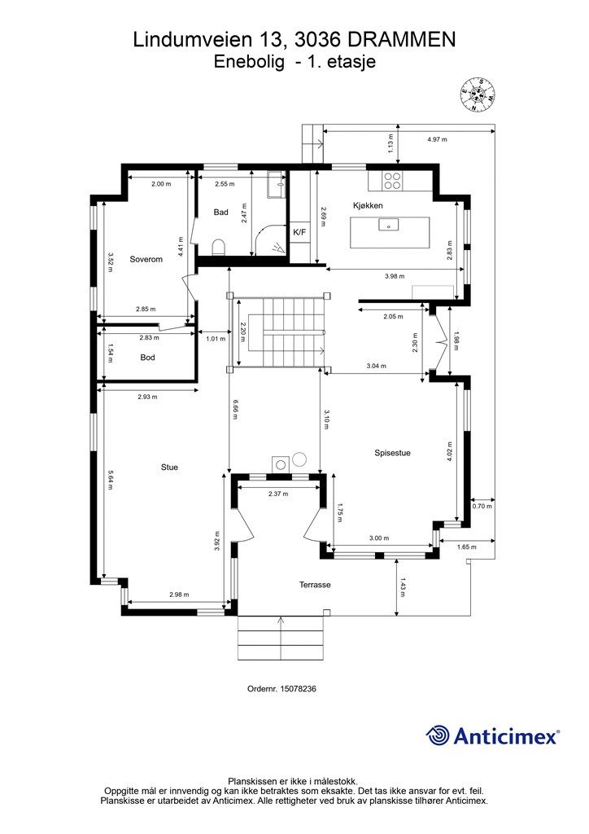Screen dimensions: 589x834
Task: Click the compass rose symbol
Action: pyautogui.click(x=478, y=94)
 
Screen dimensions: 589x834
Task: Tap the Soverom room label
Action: pyautogui.click(x=146, y=260)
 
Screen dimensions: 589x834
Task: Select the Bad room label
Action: pyautogui.click(x=221, y=213)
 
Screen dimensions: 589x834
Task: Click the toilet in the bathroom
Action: pyautogui.click(x=218, y=248)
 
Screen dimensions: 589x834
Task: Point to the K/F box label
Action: pyautogui.click(x=299, y=232)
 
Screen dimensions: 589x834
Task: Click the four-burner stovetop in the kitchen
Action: pyautogui.click(x=392, y=181)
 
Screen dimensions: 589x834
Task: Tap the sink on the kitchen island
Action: pyautogui.click(x=388, y=225)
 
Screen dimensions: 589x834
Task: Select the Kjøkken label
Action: pyautogui.click(x=368, y=205)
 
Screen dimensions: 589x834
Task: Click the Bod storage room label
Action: pyautogui.click(x=147, y=358)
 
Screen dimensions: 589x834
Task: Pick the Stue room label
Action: pyautogui.click(x=169, y=467)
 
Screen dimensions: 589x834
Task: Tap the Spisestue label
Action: pyautogui.click(x=392, y=453)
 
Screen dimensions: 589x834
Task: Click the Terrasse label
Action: pyautogui.click(x=315, y=585)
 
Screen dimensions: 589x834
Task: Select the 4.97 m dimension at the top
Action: pyautogui.click(x=437, y=139)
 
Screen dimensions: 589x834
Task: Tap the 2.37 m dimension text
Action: pyautogui.click(x=278, y=494)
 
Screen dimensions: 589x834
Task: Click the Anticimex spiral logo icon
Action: pyautogui.click(x=438, y=735)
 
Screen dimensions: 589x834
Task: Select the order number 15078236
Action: pyautogui.click(x=299, y=688)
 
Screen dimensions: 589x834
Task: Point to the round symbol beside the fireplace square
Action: pyautogui.click(x=299, y=459)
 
